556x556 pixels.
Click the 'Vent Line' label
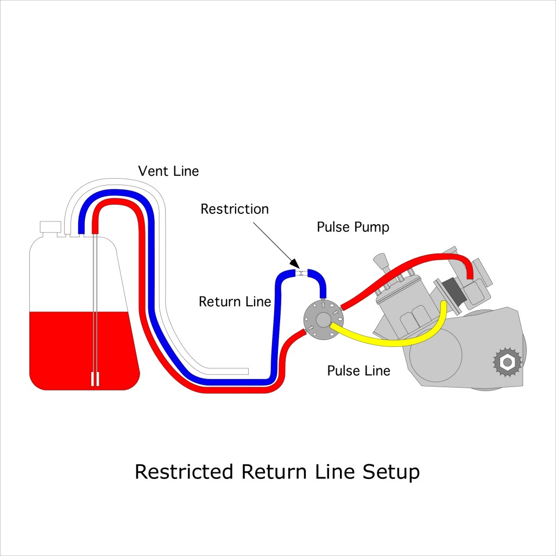[x=168, y=172]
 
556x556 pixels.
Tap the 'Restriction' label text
[x=235, y=209]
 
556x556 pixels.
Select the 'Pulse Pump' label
[x=353, y=227]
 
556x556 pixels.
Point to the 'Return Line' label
[x=235, y=302]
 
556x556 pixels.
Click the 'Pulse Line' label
[x=358, y=371]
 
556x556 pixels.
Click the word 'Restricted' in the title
[x=185, y=471]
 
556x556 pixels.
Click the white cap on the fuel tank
[x=50, y=227]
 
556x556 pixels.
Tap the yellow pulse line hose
[x=391, y=341]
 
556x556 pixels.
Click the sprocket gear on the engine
[x=507, y=361]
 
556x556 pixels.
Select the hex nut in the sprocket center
[x=507, y=361]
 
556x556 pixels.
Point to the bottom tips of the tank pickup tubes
[x=95, y=379]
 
